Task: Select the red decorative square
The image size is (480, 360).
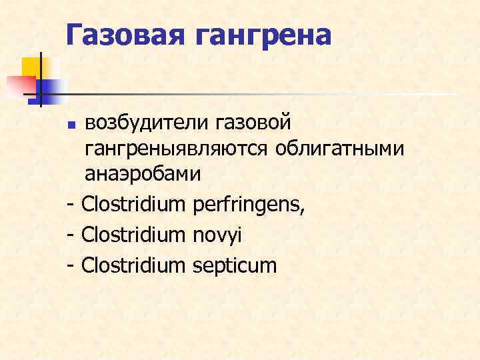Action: tap(20, 85)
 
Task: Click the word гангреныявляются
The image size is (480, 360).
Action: tap(175, 149)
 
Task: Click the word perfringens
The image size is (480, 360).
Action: tap(248, 203)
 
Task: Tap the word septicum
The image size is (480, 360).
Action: tap(234, 266)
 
